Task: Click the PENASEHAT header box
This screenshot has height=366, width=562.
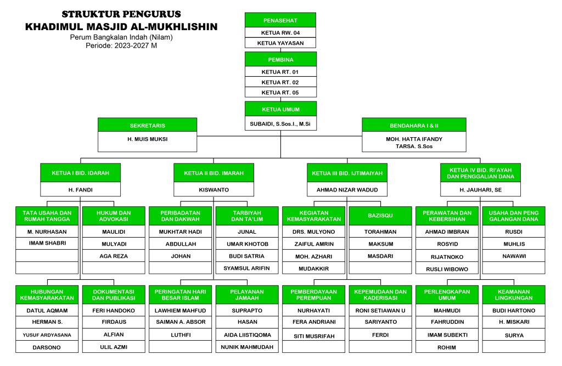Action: [x=280, y=20]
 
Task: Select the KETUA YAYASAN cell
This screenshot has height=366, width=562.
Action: [x=280, y=43]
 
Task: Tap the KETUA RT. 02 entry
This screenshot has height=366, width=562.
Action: [x=280, y=82]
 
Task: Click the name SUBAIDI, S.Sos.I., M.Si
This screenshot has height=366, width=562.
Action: [x=280, y=124]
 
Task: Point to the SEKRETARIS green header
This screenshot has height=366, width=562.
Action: [x=147, y=125]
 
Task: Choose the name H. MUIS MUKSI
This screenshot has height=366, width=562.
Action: [x=147, y=139]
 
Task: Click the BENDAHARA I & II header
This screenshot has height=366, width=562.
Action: [x=414, y=125]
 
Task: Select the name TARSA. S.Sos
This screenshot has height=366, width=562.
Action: [x=414, y=147]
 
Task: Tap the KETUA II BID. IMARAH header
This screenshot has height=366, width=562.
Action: [x=213, y=173]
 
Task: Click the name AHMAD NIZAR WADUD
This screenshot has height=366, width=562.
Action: [x=347, y=190]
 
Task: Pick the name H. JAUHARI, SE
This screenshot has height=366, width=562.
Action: [x=481, y=190]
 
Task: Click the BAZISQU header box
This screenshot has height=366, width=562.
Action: [x=380, y=216]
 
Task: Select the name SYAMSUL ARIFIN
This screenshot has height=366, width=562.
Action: [x=246, y=268]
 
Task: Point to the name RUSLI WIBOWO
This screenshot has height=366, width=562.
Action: [x=447, y=269]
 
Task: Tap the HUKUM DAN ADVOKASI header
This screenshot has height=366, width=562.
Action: [x=114, y=216]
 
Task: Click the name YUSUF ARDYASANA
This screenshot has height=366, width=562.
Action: [x=47, y=335]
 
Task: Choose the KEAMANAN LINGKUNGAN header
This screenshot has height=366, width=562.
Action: [x=514, y=295]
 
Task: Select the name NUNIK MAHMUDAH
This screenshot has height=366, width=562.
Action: [x=247, y=347]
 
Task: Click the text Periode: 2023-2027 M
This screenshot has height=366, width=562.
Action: [x=121, y=46]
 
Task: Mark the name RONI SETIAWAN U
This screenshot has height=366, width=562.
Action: [x=380, y=311]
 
